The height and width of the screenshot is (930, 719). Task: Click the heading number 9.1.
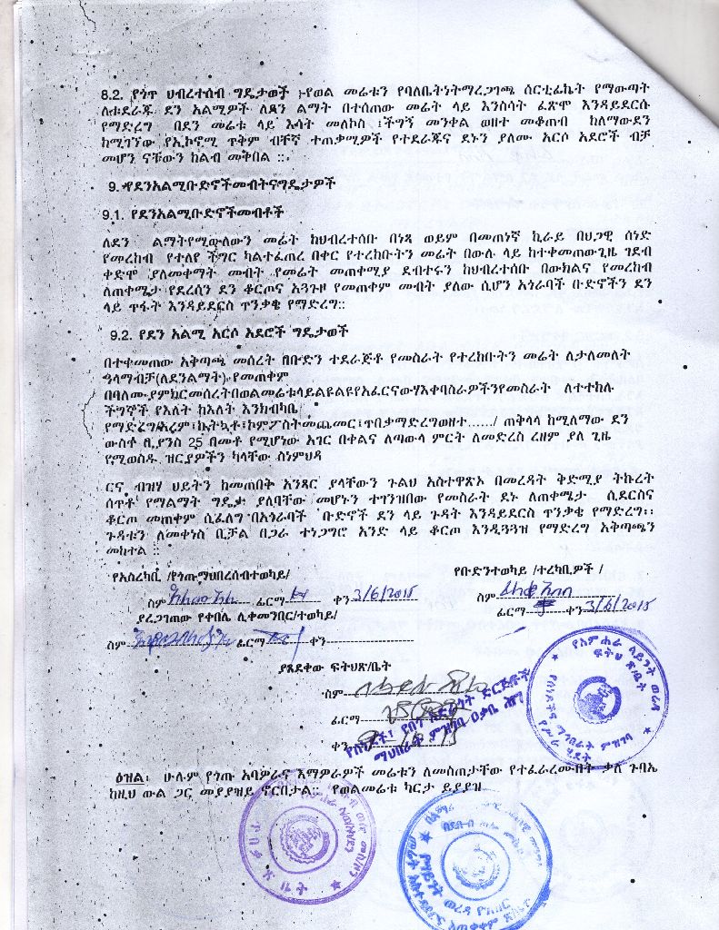pyautogui.click(x=115, y=215)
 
